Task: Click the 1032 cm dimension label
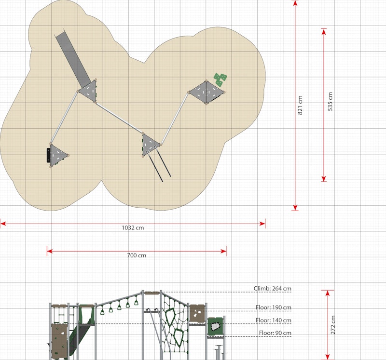point(133,227)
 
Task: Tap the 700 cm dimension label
point(137,255)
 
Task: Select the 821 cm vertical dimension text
point(300,105)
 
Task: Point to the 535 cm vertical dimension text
point(330,102)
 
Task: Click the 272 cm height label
point(333,325)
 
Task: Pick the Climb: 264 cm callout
point(273,289)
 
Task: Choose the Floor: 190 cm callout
point(274,307)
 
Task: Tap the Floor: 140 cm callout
point(274,320)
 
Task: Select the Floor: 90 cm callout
point(275,333)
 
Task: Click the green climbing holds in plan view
point(220,80)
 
